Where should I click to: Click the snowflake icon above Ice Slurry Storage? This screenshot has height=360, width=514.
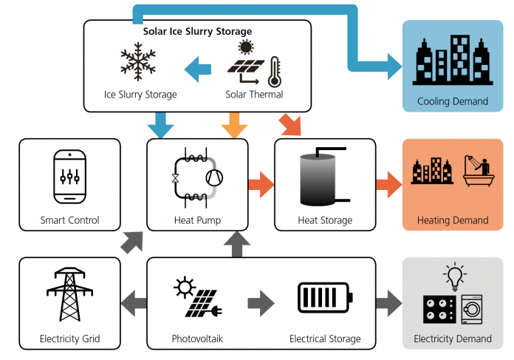tap(138, 61)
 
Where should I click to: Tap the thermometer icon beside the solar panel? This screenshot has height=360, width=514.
tap(275, 72)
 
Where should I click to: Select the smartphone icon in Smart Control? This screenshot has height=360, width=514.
tap(70, 177)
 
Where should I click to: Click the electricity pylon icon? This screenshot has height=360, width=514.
tap(70, 294)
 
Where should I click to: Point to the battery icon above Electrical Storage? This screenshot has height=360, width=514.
tap(325, 297)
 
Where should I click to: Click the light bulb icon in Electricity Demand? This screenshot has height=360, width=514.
tap(455, 276)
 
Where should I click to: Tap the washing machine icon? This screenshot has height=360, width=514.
tap(472, 309)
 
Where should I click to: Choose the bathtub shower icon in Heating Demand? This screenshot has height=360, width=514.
tap(479, 171)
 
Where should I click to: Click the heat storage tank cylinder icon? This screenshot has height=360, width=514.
tap(318, 180)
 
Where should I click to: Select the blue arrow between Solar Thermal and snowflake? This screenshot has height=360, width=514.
tap(198, 69)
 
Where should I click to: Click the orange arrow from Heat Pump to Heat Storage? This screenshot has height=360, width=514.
tap(261, 184)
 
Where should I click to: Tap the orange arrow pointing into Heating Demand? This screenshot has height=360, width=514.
tap(388, 184)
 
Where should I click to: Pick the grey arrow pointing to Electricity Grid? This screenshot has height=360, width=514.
tap(134, 303)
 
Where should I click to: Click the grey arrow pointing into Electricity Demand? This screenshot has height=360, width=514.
tap(388, 303)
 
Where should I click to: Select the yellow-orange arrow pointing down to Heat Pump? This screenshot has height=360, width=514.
tap(234, 126)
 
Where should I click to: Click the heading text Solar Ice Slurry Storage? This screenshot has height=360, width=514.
tap(198, 31)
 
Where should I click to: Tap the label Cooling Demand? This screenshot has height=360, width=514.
tap(453, 101)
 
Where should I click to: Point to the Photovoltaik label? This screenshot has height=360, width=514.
tap(197, 339)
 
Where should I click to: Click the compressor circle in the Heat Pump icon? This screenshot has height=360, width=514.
tap(214, 177)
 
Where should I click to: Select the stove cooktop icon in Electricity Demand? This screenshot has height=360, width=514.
tap(439, 309)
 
